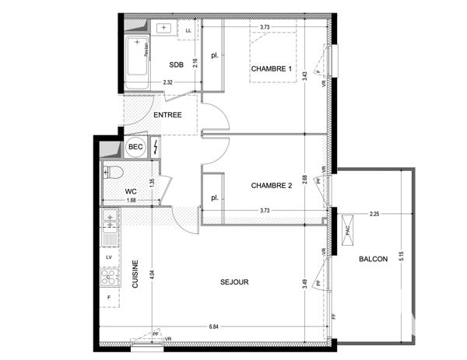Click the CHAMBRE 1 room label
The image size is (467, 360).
(271, 70)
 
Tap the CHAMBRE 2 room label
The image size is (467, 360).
(271, 185)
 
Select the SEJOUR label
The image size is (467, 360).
(233, 282)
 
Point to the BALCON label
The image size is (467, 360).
(373, 259)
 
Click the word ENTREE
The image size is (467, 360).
(167, 115)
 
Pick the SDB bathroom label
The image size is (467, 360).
(175, 65)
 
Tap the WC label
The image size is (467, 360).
(131, 190)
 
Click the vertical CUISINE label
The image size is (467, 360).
(135, 274)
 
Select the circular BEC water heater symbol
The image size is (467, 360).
(135, 147)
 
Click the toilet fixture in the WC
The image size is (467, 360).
(114, 173)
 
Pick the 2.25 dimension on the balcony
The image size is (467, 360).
(374, 215)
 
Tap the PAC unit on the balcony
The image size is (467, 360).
(347, 232)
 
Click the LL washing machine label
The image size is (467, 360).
(188, 30)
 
